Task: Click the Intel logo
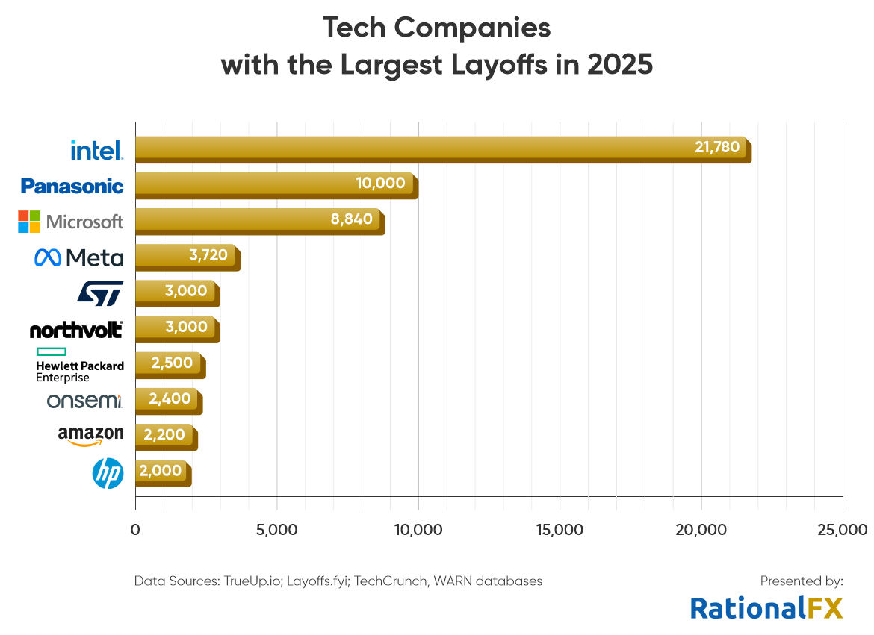coord(96,150)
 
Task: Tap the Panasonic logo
coord(72,186)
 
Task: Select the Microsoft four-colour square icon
coord(29,222)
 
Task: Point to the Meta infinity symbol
coord(48,258)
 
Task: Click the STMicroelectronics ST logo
coord(100,293)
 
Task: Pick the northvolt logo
coord(76,329)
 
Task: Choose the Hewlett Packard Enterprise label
coord(79,365)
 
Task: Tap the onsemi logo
coord(84,401)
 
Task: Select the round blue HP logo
coord(108,474)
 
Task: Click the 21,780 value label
coord(717,147)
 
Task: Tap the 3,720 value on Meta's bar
coord(208,254)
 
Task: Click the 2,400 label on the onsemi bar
coord(171,398)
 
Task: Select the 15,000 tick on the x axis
coord(560,530)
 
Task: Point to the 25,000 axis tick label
coord(843,530)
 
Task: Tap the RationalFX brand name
coord(766,607)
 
